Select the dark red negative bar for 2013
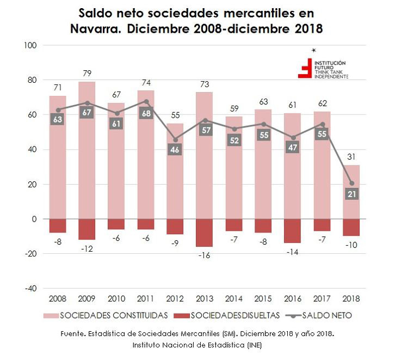(204, 233)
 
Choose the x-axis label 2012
(175, 298)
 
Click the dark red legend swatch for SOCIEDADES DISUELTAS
(180, 315)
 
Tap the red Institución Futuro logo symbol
(305, 68)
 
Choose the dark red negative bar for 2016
(292, 231)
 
